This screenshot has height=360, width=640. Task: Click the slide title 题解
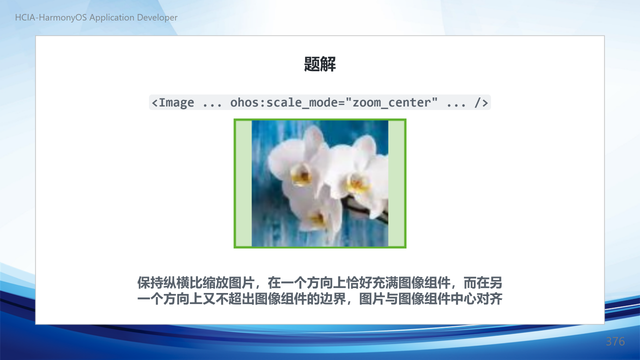point(319,64)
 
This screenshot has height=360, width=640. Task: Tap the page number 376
point(615,341)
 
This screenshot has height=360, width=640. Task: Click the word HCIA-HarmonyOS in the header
point(51,17)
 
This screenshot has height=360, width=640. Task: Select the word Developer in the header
point(157,17)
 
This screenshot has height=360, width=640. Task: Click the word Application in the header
point(112,17)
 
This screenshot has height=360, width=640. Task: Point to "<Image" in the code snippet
point(173,102)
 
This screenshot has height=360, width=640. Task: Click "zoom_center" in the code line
point(391,102)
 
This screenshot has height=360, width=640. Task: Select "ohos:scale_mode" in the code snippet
point(284,102)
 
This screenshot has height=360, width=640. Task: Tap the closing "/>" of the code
point(481,102)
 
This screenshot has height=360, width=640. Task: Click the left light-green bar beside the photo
point(243,183)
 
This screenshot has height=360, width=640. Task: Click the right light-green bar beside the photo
point(396,183)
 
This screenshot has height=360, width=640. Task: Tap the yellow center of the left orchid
point(301,174)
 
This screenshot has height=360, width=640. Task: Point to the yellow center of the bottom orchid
point(317,219)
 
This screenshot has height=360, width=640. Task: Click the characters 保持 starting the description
point(150,283)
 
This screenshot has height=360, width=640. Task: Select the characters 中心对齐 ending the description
point(476,299)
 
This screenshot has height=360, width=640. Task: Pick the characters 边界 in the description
point(333,299)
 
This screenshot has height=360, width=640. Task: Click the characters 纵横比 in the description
point(183,283)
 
